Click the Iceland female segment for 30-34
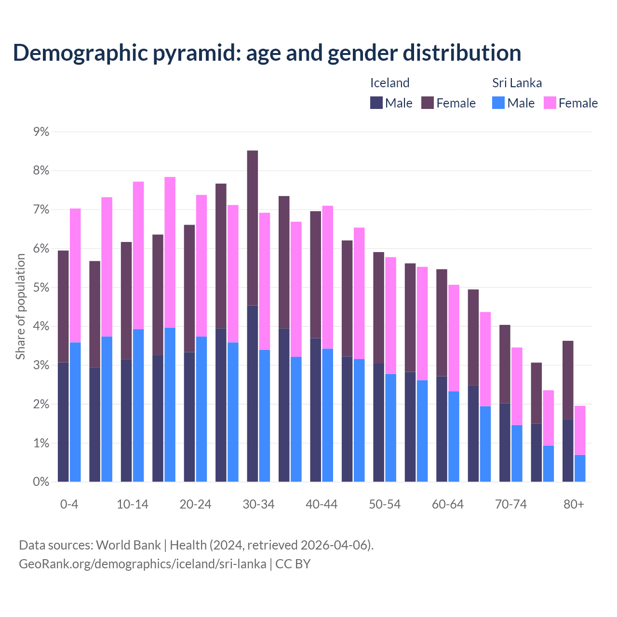(x=253, y=228)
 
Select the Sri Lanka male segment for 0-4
(x=75, y=412)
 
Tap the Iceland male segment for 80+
(x=568, y=451)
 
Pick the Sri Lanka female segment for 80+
(x=580, y=430)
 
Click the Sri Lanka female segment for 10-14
(x=138, y=255)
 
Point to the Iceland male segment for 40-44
(x=316, y=410)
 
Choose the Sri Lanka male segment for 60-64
(x=454, y=436)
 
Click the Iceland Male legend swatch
(x=376, y=103)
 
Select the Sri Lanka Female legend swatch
(x=550, y=103)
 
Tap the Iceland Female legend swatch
(x=428, y=103)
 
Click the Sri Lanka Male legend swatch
(x=498, y=103)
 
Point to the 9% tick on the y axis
(x=41, y=132)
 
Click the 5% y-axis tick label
(x=41, y=288)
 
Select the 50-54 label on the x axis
(x=385, y=505)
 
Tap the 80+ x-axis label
(x=574, y=505)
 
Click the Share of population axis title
(x=20, y=307)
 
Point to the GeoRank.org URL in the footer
(x=142, y=564)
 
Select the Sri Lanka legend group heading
(x=517, y=83)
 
